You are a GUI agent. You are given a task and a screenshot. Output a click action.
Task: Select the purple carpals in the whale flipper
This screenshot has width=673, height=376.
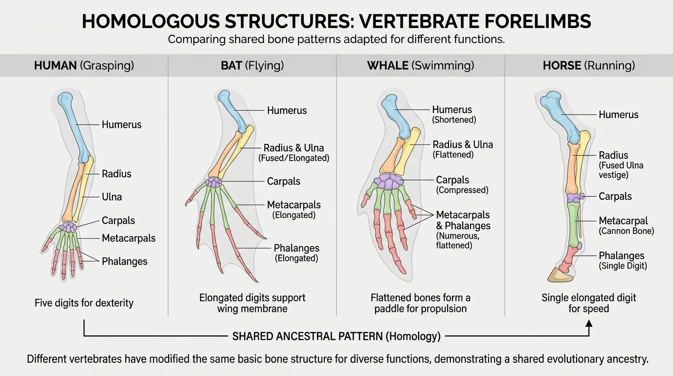click(389, 182)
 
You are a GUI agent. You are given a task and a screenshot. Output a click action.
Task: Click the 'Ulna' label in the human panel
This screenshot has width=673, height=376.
click(112, 197)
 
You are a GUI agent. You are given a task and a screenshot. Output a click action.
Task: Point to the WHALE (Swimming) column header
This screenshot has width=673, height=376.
click(420, 66)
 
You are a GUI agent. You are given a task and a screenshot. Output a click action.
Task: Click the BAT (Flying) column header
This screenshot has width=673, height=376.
click(252, 66)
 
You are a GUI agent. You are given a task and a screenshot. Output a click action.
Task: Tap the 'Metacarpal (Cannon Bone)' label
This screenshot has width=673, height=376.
click(626, 225)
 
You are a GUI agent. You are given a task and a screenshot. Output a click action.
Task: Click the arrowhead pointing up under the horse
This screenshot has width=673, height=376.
click(589, 324)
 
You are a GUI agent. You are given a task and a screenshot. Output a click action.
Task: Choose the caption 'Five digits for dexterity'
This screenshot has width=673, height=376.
click(84, 303)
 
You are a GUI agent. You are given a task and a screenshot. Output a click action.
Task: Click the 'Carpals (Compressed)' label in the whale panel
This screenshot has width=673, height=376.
click(462, 185)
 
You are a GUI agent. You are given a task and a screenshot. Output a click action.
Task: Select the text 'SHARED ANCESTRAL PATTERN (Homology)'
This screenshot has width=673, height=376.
click(336, 336)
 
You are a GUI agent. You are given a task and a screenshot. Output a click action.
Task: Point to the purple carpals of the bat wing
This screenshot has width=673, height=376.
click(213, 182)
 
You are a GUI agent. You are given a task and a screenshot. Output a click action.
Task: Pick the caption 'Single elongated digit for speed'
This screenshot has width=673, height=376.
click(588, 303)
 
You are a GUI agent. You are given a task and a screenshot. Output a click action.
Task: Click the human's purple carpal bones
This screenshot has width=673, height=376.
click(68, 227)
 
